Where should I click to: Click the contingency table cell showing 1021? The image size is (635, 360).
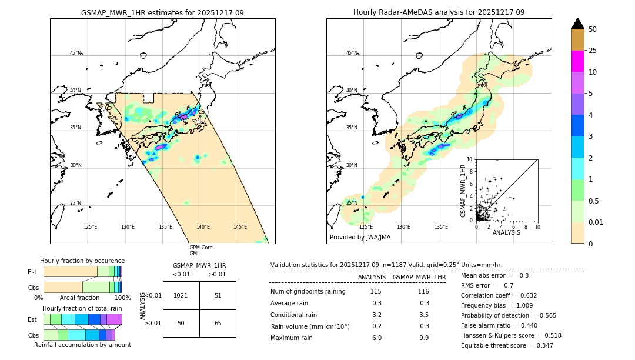point(181,295)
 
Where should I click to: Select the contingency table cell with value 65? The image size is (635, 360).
point(218,323)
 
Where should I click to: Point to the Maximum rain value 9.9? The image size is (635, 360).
point(424,338)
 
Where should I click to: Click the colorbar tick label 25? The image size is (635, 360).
point(593,51)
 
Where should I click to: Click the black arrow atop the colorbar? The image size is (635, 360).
point(578,24)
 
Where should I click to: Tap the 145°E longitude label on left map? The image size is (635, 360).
point(240,227)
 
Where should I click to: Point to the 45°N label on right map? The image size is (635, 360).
point(352,53)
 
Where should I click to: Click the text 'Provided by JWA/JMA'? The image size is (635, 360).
point(360,237)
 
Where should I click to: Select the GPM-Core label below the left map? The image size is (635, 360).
point(201,248)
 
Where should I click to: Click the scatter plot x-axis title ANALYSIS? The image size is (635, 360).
point(506,232)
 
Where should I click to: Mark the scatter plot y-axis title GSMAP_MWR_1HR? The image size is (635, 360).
point(463,189)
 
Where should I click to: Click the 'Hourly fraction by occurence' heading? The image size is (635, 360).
point(82,261)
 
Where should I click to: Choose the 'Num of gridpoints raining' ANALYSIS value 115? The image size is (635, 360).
point(376,292)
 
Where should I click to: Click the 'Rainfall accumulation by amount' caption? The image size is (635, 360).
point(82,345)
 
